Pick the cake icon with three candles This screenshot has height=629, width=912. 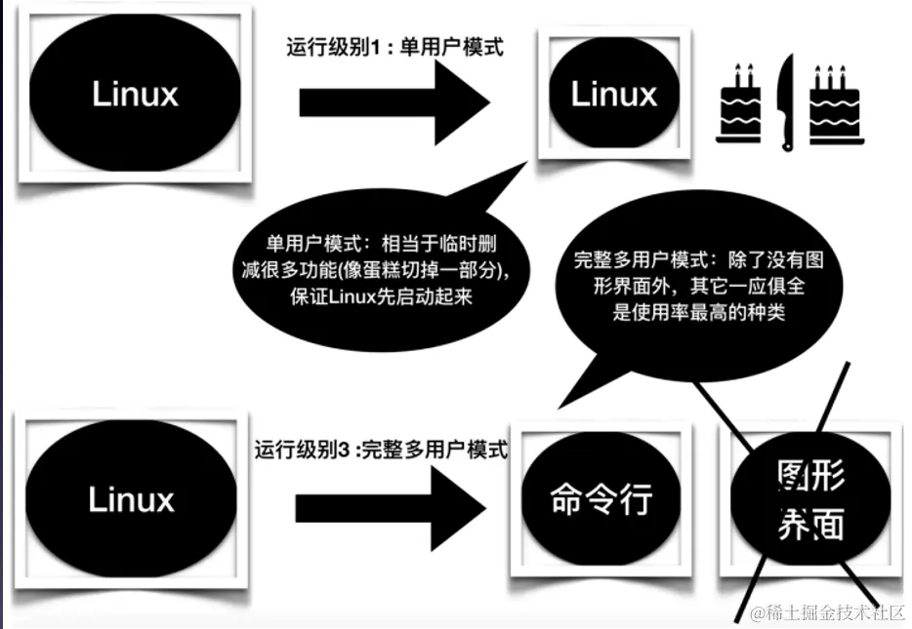pos(835,106)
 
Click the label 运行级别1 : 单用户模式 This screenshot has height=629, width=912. pos(394,47)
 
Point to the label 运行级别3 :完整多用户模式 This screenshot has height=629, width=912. pos(382,451)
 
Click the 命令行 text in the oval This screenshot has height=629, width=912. pos(601,500)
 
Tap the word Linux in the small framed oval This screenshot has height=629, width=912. pos(613,95)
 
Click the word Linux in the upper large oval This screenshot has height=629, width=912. pos(136,94)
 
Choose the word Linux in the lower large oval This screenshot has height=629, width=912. pos(131,499)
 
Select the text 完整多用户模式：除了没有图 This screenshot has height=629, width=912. pos(698,262)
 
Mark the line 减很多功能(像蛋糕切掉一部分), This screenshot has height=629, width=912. pos(381,270)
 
